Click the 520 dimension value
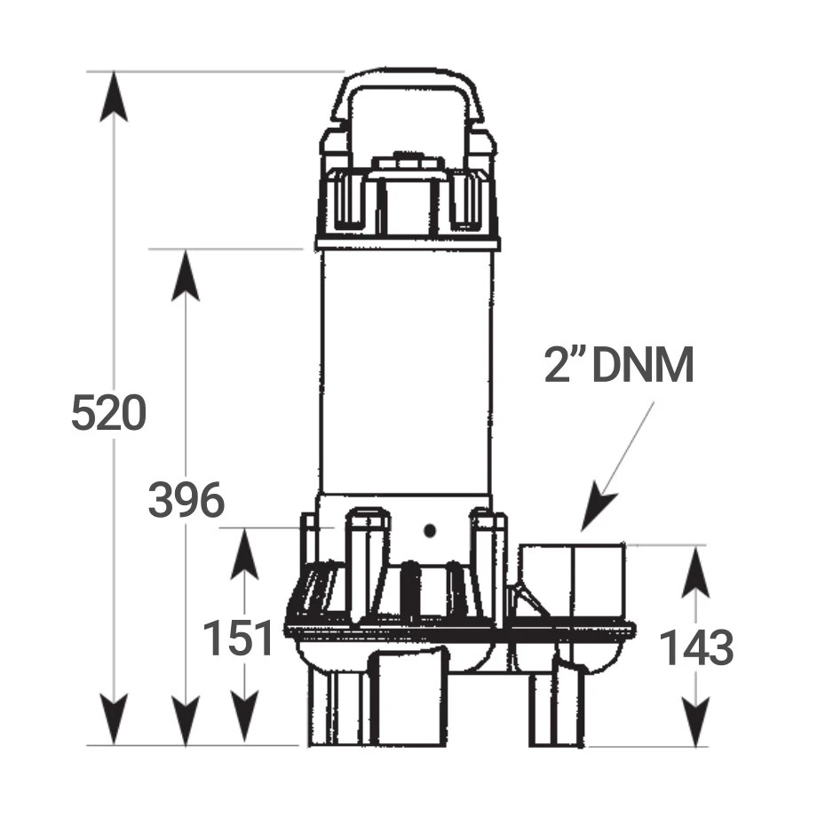(x=108, y=414)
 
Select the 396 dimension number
(x=186, y=501)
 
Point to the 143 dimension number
(x=696, y=647)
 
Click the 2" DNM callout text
(x=620, y=366)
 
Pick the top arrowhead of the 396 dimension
(x=186, y=275)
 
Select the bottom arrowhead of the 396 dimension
(x=186, y=719)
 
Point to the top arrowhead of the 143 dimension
(x=695, y=572)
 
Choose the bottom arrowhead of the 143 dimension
(x=695, y=719)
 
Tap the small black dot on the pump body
(x=430, y=531)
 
